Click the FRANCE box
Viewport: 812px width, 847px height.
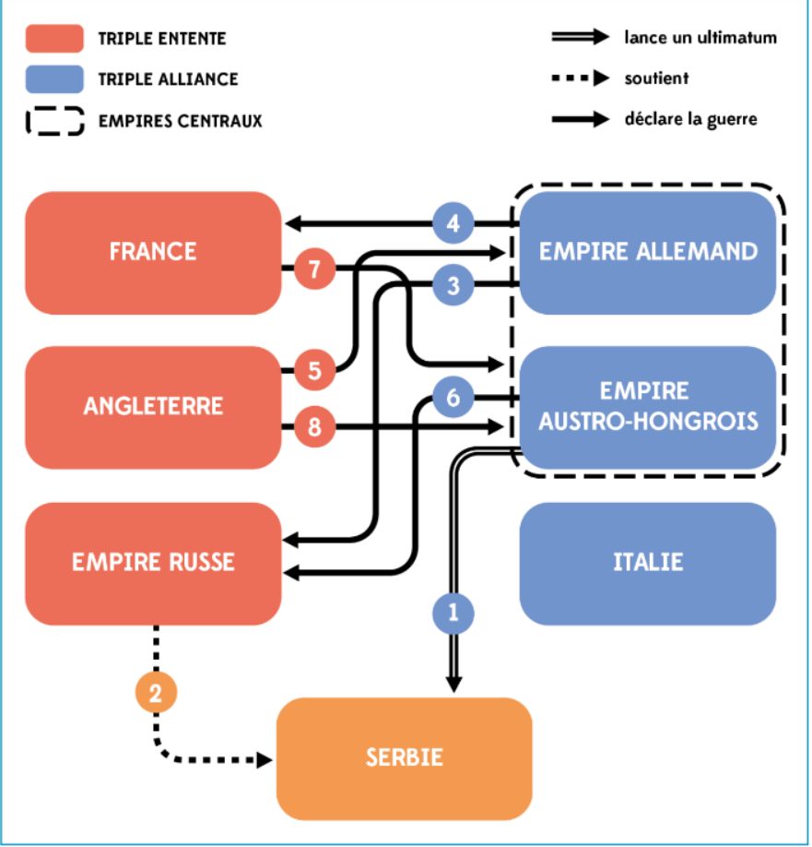click(x=153, y=253)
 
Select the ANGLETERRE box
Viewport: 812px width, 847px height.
click(x=153, y=407)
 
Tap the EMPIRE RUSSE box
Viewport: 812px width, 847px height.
click(x=153, y=564)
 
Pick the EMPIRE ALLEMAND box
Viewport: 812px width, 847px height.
click(x=647, y=253)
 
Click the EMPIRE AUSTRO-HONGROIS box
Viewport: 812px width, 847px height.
click(x=647, y=407)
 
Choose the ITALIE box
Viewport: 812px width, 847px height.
click(x=647, y=564)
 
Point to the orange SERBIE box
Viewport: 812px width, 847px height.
click(x=404, y=758)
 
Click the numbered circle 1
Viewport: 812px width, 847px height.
click(x=453, y=613)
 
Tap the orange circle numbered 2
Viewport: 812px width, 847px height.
click(x=156, y=693)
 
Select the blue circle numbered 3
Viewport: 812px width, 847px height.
click(x=453, y=285)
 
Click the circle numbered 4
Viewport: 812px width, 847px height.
click(x=453, y=222)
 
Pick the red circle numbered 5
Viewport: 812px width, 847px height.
click(x=315, y=371)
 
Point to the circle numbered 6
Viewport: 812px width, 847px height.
click(x=453, y=398)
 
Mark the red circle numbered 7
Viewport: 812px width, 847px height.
click(x=315, y=268)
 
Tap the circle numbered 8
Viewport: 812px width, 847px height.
click(x=315, y=427)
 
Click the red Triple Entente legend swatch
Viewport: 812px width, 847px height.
click(x=54, y=39)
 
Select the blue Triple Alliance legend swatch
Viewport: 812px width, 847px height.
click(x=54, y=78)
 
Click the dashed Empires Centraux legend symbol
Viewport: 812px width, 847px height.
click(x=54, y=121)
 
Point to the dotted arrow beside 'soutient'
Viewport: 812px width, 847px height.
click(x=581, y=78)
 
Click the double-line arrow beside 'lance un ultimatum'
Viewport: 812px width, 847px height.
click(x=581, y=37)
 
